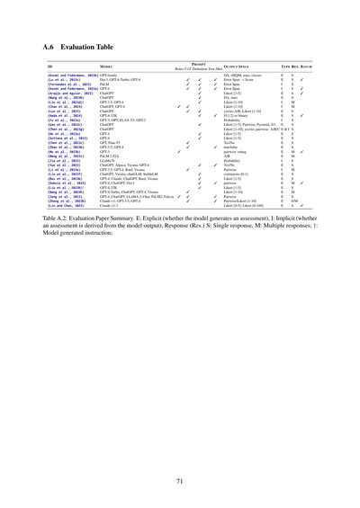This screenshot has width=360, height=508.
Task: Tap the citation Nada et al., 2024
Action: click(65, 116)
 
